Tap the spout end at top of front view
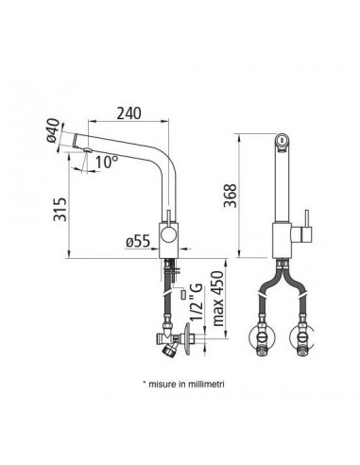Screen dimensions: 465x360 point(281,138)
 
